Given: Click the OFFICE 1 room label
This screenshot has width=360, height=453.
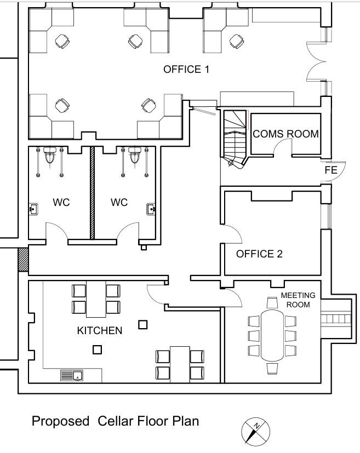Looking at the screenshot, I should (186, 70).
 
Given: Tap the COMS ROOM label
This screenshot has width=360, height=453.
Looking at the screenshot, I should (285, 134).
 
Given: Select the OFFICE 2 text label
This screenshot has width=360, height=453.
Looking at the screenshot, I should (259, 254).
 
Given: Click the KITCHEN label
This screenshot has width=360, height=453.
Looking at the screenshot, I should (99, 330).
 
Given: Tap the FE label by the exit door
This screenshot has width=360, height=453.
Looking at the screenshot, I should (330, 170).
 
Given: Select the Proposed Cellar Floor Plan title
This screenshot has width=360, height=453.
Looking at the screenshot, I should (115, 421).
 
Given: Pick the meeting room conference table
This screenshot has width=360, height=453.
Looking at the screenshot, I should (272, 334).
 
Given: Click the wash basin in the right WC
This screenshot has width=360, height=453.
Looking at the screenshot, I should (151, 209).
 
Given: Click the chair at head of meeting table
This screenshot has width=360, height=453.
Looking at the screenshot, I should (272, 302).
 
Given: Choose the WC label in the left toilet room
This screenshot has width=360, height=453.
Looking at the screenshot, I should (61, 202).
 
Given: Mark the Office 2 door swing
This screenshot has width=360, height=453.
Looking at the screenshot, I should (232, 236).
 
